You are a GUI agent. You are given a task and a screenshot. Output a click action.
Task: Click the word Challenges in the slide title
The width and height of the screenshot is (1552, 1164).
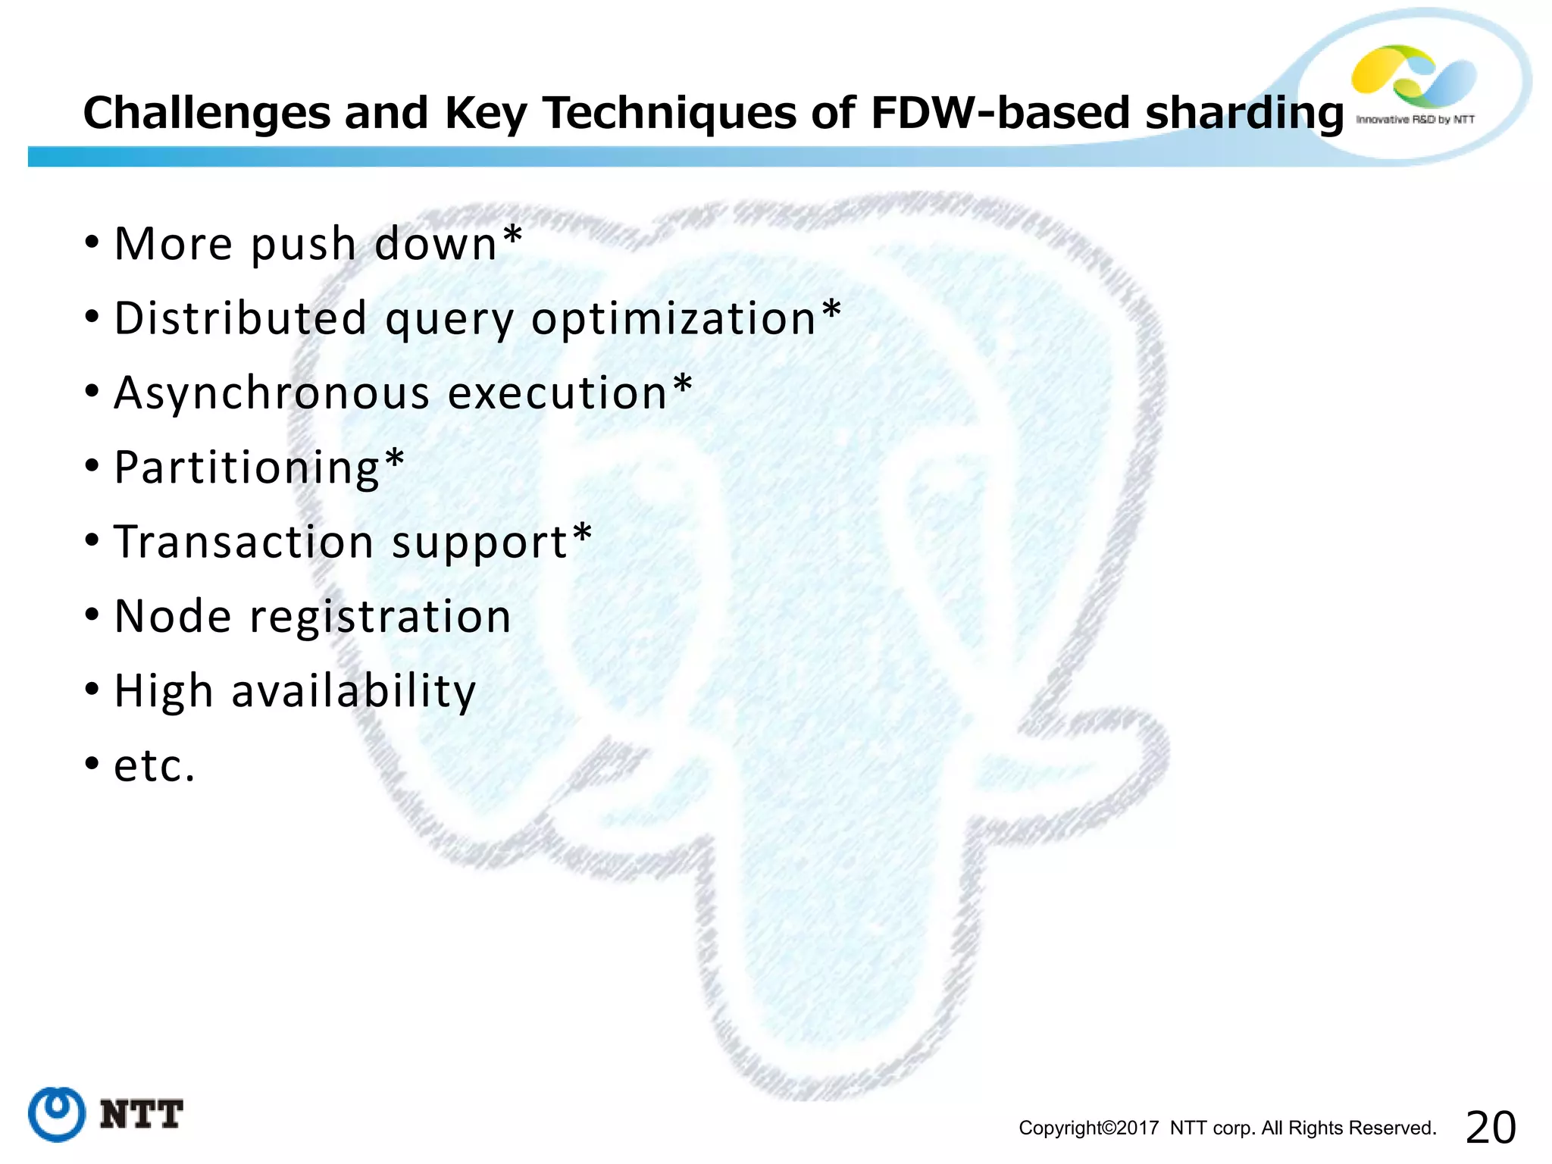click(207, 114)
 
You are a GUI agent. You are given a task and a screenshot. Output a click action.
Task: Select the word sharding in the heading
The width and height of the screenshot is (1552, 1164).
click(1244, 114)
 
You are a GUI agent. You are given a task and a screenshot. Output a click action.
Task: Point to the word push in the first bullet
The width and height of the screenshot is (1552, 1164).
click(303, 246)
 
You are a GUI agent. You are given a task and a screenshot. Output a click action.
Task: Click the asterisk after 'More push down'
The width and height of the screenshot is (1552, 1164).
click(513, 235)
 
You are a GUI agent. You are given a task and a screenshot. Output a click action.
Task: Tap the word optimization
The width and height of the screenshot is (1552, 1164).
click(674, 319)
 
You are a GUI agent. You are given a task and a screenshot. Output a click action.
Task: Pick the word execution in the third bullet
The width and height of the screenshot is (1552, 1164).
click(558, 393)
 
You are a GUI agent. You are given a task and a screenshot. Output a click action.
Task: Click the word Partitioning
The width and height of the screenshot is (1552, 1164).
click(246, 468)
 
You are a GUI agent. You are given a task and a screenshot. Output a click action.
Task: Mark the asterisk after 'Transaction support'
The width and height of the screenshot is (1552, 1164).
click(582, 533)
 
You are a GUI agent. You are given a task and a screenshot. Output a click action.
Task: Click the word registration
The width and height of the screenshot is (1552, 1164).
click(380, 617)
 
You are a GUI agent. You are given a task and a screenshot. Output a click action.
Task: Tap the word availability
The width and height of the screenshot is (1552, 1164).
click(353, 691)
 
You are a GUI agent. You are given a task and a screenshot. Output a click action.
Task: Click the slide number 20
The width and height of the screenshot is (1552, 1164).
click(1491, 1127)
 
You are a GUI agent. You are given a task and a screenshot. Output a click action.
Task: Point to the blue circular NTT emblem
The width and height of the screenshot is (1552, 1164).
click(57, 1113)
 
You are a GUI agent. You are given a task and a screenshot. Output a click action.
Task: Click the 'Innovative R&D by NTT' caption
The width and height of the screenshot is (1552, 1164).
click(1415, 120)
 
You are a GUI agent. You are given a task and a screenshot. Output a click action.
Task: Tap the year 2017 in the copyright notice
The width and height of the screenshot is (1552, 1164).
click(1137, 1128)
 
